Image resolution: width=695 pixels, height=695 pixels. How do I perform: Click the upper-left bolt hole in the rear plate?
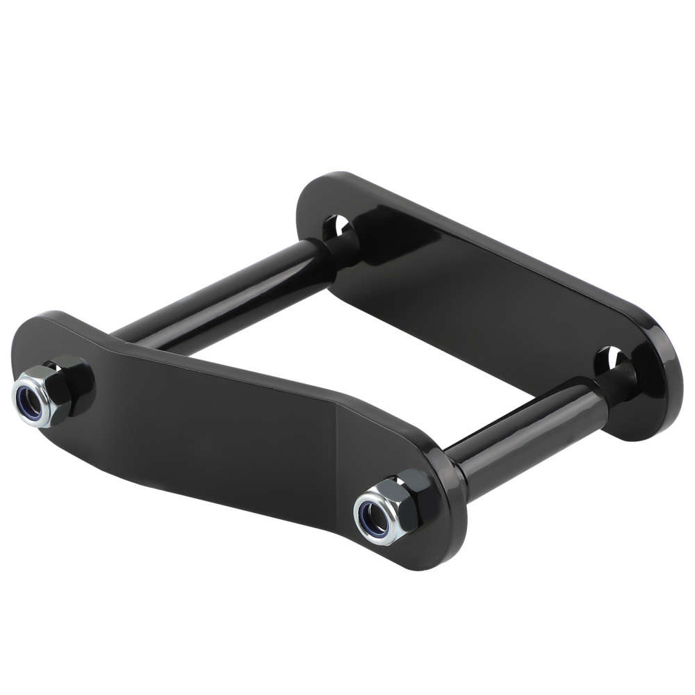tap(338, 227)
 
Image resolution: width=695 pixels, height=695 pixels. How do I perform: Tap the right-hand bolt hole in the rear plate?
tap(610, 359)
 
